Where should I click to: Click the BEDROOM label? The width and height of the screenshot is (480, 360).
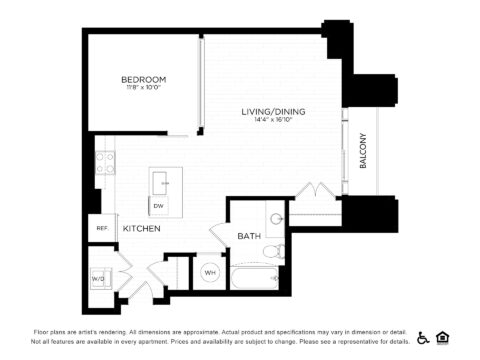[143, 79]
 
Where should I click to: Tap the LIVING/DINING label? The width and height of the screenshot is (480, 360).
[273, 111]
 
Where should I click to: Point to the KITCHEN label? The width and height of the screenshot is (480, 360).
[141, 229]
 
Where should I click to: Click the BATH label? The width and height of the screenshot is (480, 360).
[249, 236]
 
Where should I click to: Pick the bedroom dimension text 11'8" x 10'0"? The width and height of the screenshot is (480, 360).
[143, 88]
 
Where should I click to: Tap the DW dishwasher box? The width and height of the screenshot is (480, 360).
[158, 205]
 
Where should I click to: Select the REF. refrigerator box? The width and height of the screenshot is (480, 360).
[101, 228]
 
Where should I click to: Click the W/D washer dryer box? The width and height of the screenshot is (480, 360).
[100, 277]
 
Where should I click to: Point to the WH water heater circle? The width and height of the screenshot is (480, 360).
[210, 272]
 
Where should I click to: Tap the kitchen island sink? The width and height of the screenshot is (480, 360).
[160, 181]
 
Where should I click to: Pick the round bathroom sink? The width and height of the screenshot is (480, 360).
[275, 220]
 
